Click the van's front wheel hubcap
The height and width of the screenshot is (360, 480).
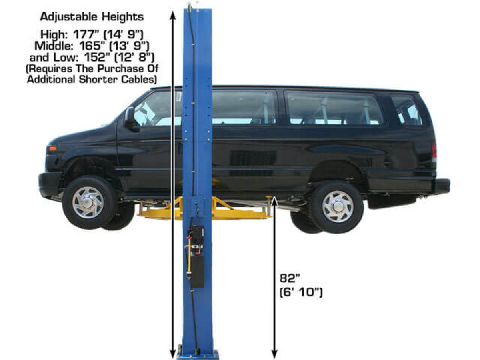[88, 203]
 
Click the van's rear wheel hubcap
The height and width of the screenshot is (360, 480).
[338, 206]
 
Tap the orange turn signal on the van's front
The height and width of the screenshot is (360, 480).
[53, 149]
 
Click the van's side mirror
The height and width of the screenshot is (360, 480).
[131, 120]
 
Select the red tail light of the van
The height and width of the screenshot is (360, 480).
[434, 149]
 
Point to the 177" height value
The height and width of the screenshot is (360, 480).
[87, 34]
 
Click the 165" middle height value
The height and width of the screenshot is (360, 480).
[93, 46]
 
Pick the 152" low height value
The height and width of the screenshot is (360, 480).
[98, 58]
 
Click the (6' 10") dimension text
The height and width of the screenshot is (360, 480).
[301, 292]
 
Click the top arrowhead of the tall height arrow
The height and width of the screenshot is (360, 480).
[173, 15]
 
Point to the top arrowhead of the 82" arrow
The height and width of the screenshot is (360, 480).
[274, 202]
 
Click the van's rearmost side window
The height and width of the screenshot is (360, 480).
[407, 110]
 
